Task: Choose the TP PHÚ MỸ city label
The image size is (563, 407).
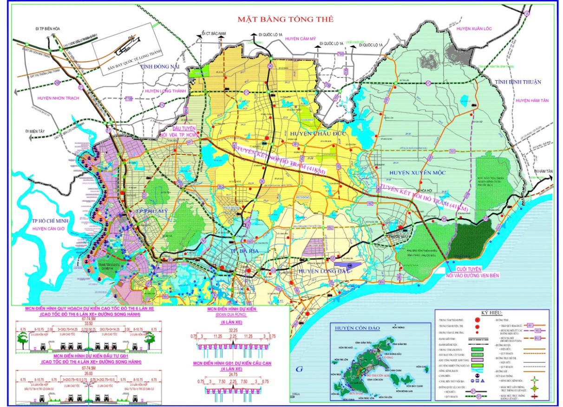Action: pyautogui.click(x=148, y=213)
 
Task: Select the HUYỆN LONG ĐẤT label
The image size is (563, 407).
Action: pyautogui.click(x=321, y=271)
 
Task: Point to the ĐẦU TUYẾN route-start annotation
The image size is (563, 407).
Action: pyautogui.click(x=178, y=128)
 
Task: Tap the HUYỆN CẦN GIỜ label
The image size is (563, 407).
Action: pyautogui.click(x=48, y=229)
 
